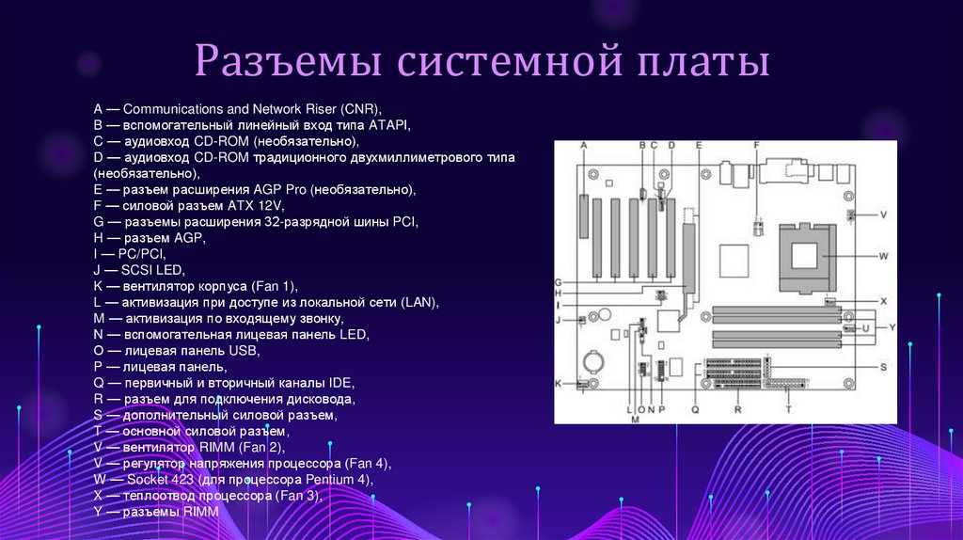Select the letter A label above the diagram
click(x=584, y=145)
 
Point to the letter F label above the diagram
click(x=756, y=145)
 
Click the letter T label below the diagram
click(x=788, y=410)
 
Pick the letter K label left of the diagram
click(x=558, y=384)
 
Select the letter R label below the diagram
click(x=738, y=410)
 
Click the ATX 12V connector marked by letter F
click(x=756, y=226)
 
